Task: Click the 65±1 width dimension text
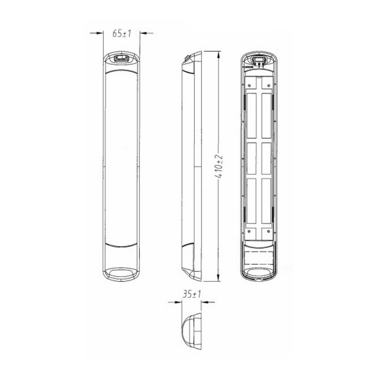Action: point(121,33)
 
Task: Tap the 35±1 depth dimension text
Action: point(191,294)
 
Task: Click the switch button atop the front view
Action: point(121,58)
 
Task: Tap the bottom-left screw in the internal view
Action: point(249,231)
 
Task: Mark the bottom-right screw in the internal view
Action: point(268,231)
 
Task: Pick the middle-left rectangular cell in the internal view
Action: point(251,158)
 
